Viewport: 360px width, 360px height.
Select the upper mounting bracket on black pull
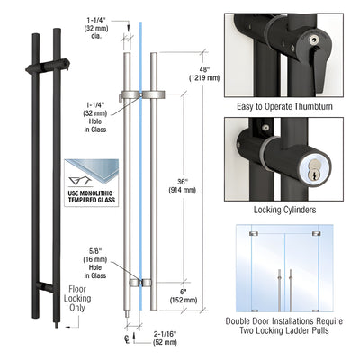(x=54, y=65)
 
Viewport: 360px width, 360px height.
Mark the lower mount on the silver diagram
(x=139, y=283)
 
